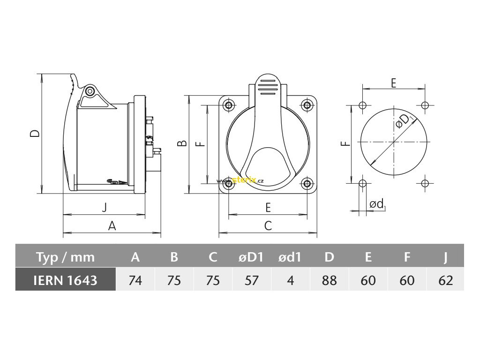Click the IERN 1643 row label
coord(66,280)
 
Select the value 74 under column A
coord(135,280)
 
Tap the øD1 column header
coord(251,257)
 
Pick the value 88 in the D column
coord(329,280)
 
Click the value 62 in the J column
coord(446,280)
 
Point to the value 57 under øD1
coord(251,280)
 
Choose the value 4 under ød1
coord(290,280)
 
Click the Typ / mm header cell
coord(66,257)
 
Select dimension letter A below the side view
coord(112,226)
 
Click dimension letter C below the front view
coord(268,226)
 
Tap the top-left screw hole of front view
coord(229,105)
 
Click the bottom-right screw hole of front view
coord(307,183)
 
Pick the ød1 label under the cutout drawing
coord(377,204)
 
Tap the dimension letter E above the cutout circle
coord(393,83)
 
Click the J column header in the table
coord(446,257)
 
